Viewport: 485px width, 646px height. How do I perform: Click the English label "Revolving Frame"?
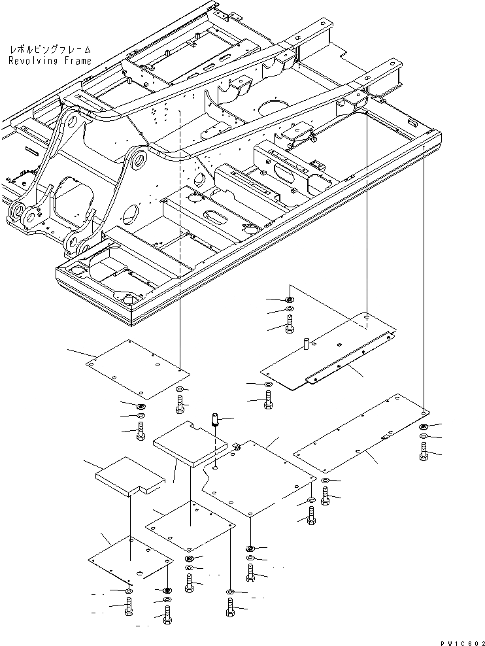(x=50, y=61)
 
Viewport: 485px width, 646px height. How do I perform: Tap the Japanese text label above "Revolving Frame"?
(x=50, y=50)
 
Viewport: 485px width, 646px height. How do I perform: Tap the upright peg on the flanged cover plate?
(x=305, y=343)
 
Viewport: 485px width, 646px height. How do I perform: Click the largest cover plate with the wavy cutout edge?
(x=258, y=477)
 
